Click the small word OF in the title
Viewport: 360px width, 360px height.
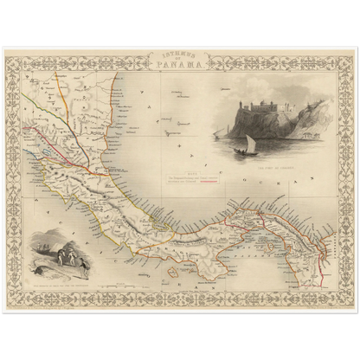[x=180, y=57]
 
